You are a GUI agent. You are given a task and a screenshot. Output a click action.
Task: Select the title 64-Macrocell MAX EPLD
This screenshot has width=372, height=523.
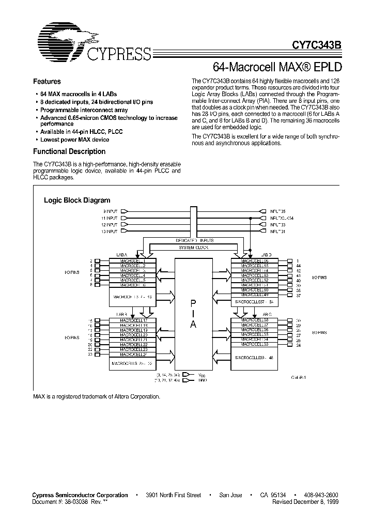(x=276, y=67)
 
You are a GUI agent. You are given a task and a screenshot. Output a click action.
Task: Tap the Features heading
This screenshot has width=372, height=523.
(x=47, y=82)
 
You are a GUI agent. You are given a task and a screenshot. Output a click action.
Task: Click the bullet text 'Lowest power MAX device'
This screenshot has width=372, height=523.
(x=75, y=140)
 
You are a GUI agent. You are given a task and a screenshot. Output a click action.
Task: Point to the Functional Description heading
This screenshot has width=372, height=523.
(x=69, y=151)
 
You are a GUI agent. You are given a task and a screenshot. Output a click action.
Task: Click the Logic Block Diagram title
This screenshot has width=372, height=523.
(x=77, y=200)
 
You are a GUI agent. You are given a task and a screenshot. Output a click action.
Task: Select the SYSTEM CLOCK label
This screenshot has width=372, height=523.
(x=194, y=248)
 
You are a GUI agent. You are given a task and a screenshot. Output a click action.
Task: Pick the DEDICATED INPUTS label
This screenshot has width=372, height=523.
(x=194, y=240)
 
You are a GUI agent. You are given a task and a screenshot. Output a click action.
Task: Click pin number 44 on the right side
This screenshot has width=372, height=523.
(x=298, y=265)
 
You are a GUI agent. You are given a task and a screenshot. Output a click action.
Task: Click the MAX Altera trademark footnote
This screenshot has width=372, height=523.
(x=97, y=396)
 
